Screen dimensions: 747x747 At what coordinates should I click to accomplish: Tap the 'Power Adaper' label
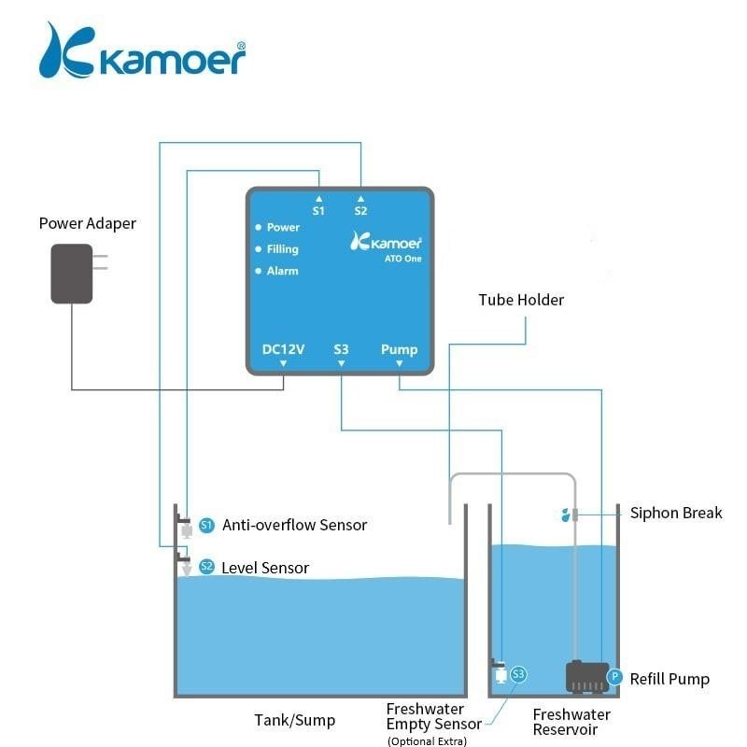pos(87,223)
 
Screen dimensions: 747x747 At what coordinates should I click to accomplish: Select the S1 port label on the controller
pos(318,211)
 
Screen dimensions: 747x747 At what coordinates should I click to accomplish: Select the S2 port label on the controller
pos(360,211)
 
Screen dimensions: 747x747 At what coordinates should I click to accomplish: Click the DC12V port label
pos(284,349)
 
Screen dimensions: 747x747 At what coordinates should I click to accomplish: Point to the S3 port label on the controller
pos(341,349)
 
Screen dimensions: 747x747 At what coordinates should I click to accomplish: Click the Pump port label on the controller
pos(399,349)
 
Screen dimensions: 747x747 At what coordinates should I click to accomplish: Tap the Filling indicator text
pos(282,249)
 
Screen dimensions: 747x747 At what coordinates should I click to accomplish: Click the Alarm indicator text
pos(282,271)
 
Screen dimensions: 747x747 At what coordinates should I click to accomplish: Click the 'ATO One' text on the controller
pos(404,259)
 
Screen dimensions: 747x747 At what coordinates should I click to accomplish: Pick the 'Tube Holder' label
pos(521,300)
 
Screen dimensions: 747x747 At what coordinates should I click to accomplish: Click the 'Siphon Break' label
pos(676,513)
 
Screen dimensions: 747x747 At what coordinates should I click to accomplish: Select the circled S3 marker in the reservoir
pos(519,673)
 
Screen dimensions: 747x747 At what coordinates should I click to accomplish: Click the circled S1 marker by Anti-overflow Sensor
pos(207,526)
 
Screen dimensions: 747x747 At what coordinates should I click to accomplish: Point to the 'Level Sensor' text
pos(265,568)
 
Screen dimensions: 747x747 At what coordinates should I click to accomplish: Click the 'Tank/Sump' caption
pos(294,720)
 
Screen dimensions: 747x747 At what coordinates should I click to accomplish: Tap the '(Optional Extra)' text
pos(426,740)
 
